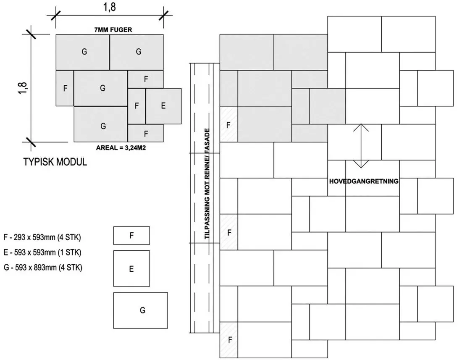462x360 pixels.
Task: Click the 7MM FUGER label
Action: coord(113,30)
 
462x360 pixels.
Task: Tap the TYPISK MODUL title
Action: coord(55,162)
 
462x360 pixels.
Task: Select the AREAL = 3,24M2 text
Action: coord(121,147)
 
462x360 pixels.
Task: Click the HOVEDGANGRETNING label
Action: coord(364,181)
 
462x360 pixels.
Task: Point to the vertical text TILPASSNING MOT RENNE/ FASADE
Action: coord(207,184)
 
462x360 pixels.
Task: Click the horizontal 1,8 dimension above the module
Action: coord(109,7)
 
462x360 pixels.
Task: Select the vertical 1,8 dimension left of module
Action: coord(23,88)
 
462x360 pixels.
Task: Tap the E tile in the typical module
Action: coord(163,106)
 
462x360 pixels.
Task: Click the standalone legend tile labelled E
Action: coord(131,268)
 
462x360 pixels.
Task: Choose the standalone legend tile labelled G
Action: coord(141,310)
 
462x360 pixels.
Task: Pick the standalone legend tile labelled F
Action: coord(131,235)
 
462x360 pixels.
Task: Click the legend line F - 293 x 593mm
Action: coord(42,237)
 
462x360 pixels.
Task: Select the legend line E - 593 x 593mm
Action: coord(42,252)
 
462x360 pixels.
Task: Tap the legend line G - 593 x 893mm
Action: coord(43,268)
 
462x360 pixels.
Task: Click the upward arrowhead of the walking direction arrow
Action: coord(361,127)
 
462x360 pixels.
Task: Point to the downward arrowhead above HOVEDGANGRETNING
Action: coord(361,164)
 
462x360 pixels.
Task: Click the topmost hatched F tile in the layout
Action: coord(228,124)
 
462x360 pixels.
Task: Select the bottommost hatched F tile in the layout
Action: coord(228,340)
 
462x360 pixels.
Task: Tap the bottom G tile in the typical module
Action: coord(100,124)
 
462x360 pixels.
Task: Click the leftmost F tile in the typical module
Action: coord(65,88)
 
